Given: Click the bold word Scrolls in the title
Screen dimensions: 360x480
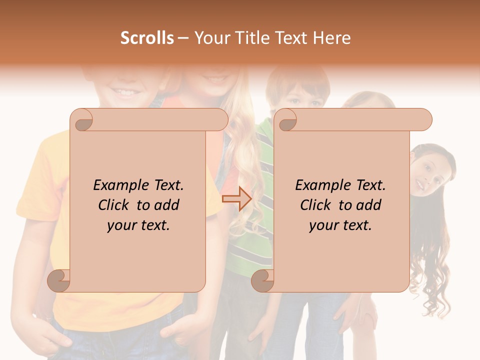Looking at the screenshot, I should coord(147,38).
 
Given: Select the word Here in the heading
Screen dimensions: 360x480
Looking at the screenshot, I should coord(331,38).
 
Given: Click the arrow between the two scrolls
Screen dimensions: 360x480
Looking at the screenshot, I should coord(236,198).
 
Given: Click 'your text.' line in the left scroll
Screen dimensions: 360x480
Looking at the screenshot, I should coord(138,225).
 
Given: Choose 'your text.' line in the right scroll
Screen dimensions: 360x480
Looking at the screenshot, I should coord(340,225).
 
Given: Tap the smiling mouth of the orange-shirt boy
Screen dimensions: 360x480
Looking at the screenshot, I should coord(124,92).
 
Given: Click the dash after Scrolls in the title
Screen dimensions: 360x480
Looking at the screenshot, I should coord(183,38).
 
